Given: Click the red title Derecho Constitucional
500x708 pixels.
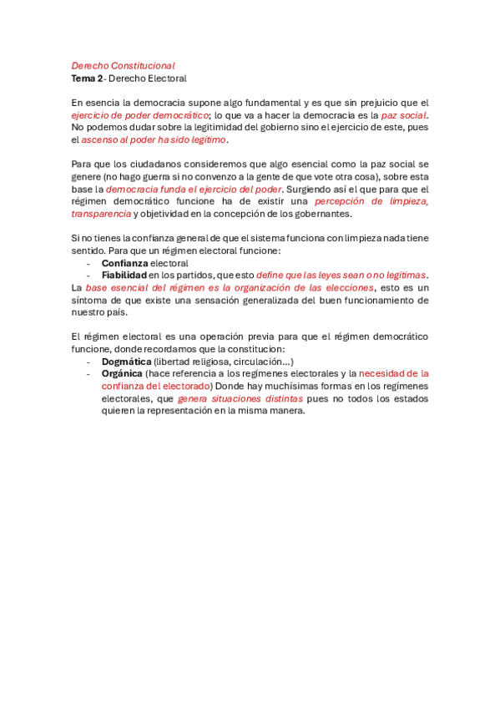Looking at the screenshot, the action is point(123,65).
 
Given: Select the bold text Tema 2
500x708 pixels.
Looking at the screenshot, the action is point(87,78).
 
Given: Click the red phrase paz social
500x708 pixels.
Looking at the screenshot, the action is point(404,115).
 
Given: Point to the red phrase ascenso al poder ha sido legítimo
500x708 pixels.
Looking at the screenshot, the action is point(154,139).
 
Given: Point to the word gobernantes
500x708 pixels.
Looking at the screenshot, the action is point(311,214).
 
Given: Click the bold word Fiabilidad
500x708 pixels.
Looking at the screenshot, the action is point(124,275).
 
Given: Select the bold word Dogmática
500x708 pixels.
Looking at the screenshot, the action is point(126,362).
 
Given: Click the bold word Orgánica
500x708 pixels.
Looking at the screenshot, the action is point(122,374).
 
